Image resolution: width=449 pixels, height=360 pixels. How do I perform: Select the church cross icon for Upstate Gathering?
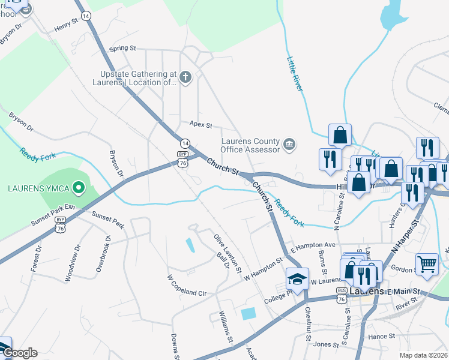(185, 77)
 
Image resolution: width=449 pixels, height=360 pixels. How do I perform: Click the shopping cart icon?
(427, 263)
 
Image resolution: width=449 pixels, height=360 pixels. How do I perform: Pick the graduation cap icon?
(297, 279)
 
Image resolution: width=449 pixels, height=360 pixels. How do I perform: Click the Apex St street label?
(201, 125)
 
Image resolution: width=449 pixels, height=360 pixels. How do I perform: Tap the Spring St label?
(123, 48)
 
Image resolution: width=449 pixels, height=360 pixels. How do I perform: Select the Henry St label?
(67, 25)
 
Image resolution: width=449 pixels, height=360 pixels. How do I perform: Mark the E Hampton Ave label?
(313, 245)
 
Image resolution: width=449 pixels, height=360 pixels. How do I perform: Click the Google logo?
(19, 353)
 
